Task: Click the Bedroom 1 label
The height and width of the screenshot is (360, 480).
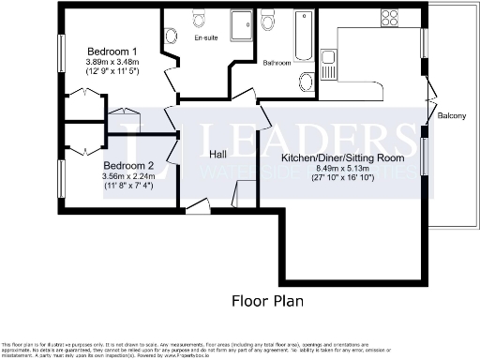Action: [112, 52]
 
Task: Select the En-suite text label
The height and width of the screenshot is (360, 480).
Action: [207, 40]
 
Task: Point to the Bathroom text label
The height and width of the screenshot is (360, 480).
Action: [277, 64]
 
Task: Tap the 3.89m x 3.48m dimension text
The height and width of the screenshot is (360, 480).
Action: [112, 63]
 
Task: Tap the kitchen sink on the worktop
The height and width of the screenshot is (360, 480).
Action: [327, 65]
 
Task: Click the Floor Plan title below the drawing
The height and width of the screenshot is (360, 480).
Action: [267, 301]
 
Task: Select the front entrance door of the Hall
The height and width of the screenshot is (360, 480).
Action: [197, 207]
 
